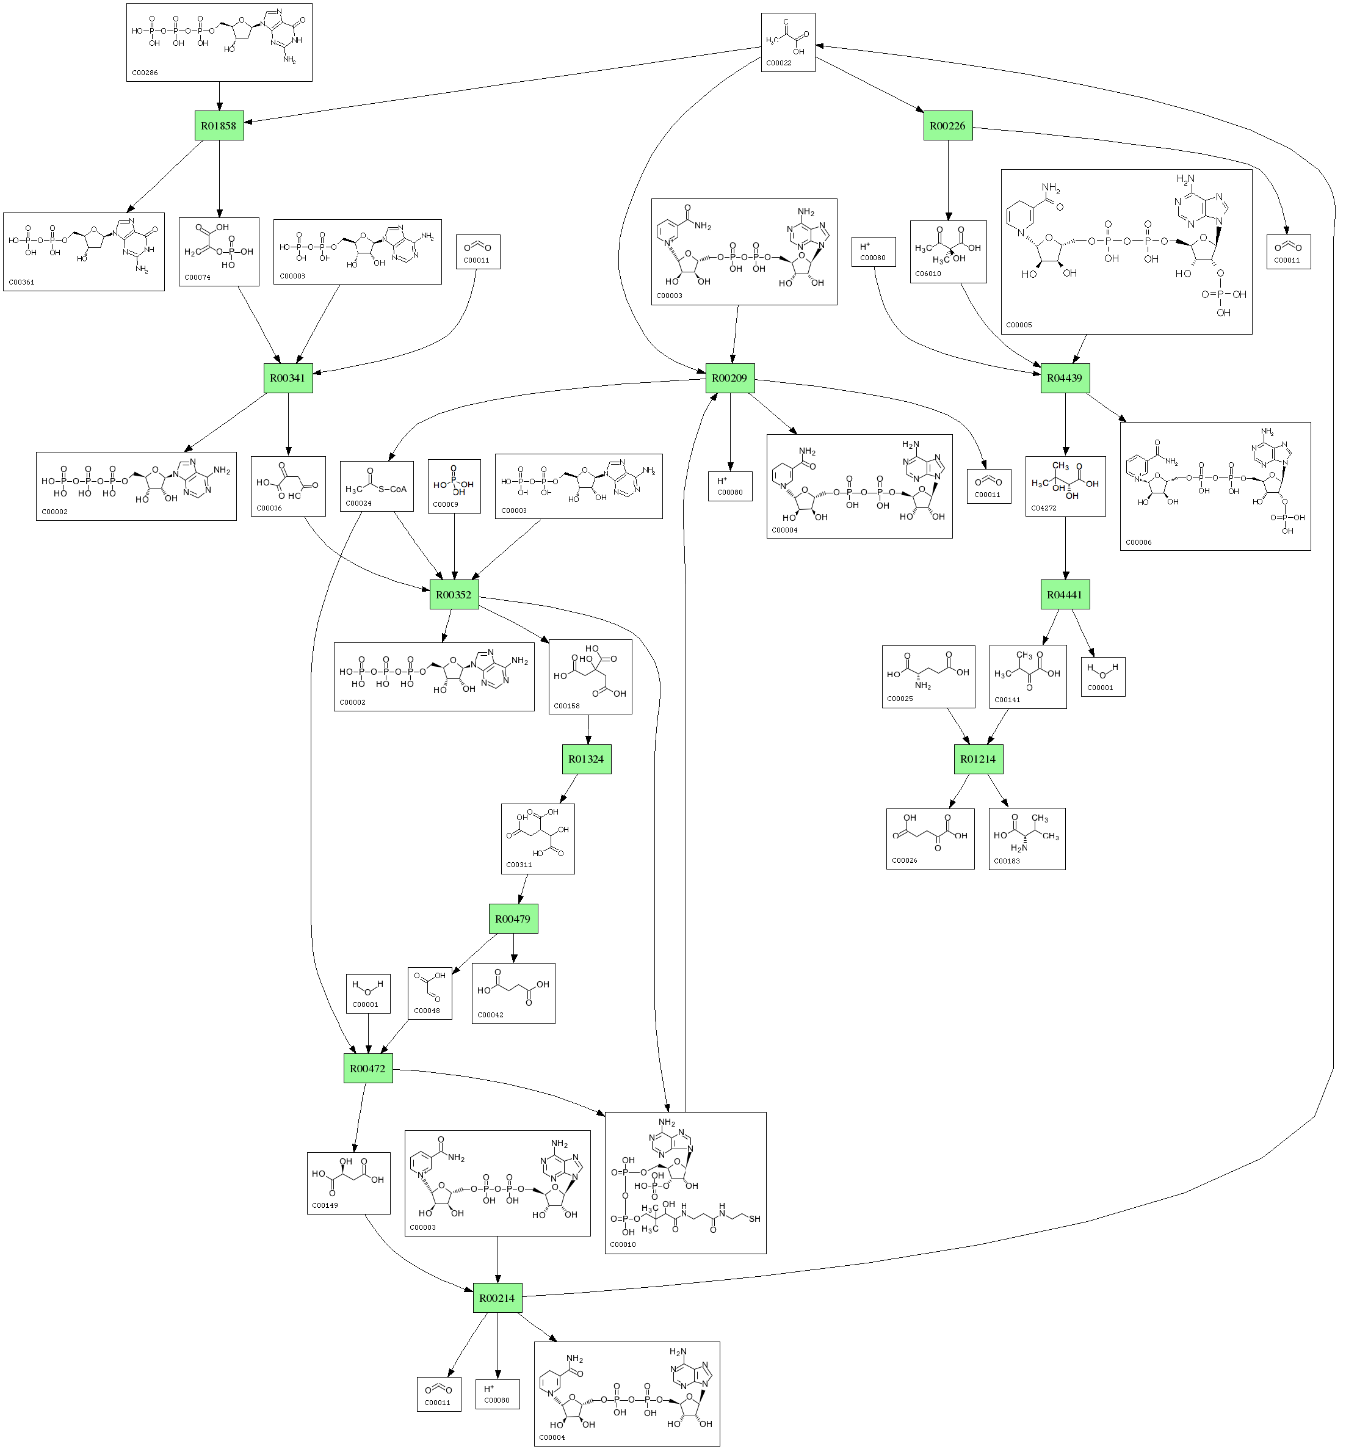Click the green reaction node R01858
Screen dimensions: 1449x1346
point(219,125)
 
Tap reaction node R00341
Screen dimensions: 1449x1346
point(288,378)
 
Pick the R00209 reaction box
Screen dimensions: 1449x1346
point(730,378)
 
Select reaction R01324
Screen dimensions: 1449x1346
point(587,759)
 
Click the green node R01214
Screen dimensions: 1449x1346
point(977,759)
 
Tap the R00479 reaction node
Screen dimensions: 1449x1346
point(513,918)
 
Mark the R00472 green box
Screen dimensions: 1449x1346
point(368,1068)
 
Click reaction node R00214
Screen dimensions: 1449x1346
point(498,1298)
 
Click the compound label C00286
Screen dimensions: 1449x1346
point(145,73)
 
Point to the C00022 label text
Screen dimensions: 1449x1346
point(779,64)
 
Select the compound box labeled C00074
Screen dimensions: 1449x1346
point(219,252)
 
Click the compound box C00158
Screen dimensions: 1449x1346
point(590,677)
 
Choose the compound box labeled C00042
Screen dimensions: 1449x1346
point(513,993)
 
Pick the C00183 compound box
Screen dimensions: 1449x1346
point(1027,838)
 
